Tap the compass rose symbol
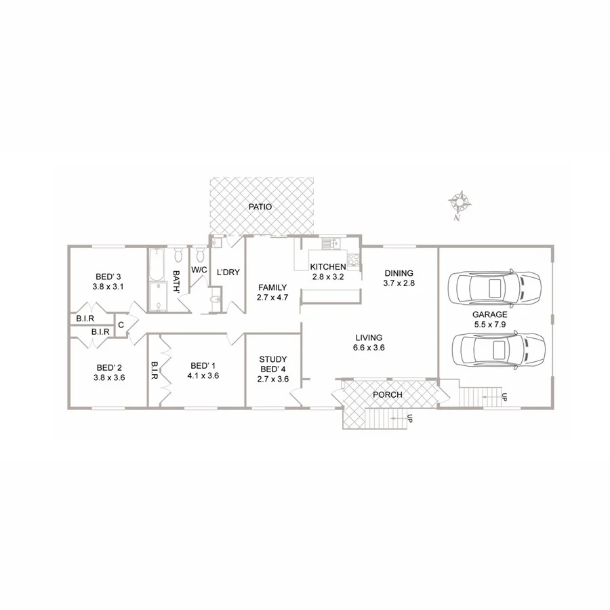coord(460,201)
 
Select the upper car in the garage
coord(496,288)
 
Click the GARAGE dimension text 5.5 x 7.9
coord(490,325)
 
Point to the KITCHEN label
coord(328,267)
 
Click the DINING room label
coord(398,273)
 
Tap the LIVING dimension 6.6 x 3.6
coord(369,348)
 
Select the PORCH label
coord(388,394)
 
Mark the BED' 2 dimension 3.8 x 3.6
coord(109,378)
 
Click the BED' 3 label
coord(108,277)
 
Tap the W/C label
coord(199,270)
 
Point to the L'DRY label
coord(228,272)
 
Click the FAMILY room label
coord(272,287)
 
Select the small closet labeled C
coord(121,325)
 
